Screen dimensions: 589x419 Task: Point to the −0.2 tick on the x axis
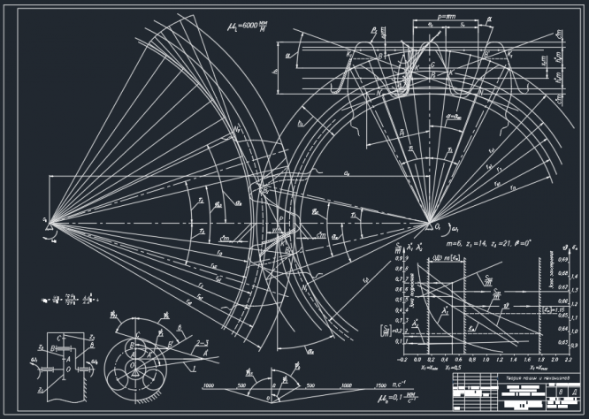[402, 361]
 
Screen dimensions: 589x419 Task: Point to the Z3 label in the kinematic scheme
[92, 340]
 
